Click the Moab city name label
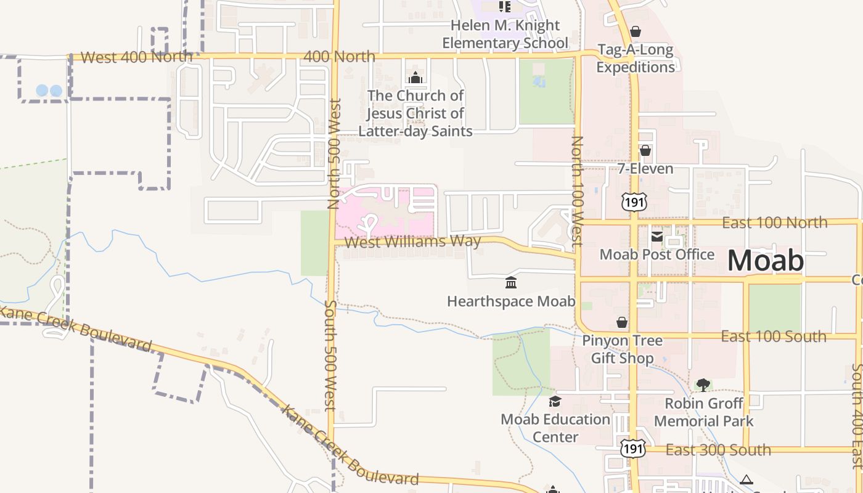[x=766, y=261]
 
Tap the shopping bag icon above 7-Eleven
[x=645, y=150]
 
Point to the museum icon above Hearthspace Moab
[x=511, y=283]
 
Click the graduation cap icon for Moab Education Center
[x=555, y=402]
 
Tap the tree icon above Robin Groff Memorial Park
[x=703, y=385]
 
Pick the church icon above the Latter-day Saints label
[x=415, y=78]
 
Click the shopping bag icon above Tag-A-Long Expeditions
[x=636, y=31]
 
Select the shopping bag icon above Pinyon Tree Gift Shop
[x=622, y=322]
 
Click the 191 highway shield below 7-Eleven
[x=634, y=201]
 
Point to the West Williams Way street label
[x=412, y=242]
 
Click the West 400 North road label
[x=136, y=57]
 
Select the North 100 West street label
[x=577, y=192]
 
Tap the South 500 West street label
[x=330, y=355]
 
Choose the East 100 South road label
[x=774, y=336]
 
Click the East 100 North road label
[x=774, y=222]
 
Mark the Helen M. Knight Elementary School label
[x=505, y=34]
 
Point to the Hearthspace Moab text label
[x=511, y=301]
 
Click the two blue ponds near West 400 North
[x=49, y=91]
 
